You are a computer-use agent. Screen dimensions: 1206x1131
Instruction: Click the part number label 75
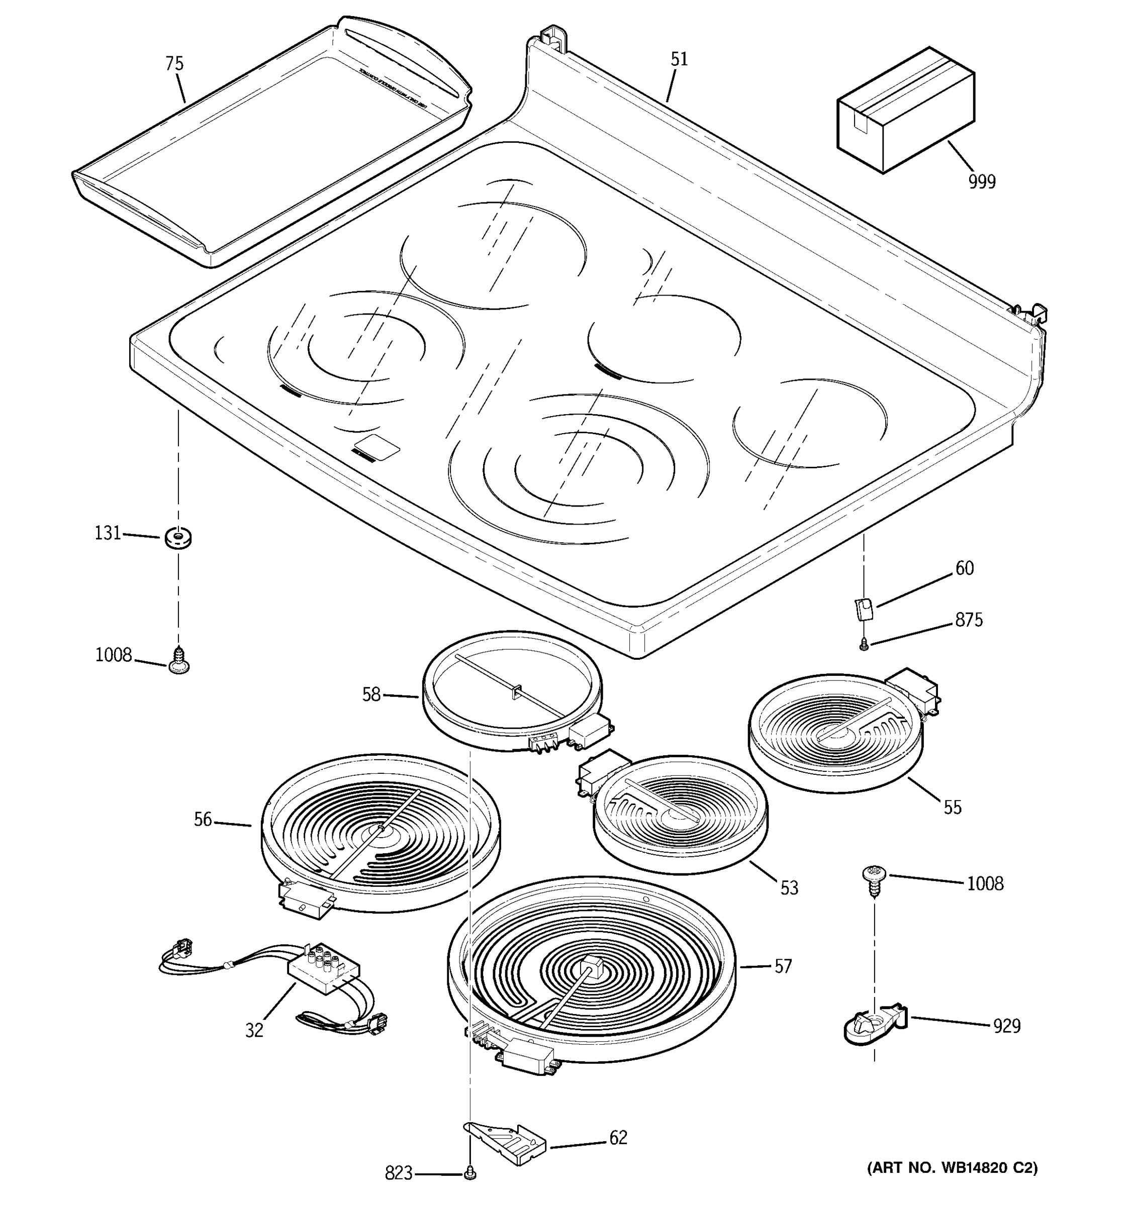tap(174, 64)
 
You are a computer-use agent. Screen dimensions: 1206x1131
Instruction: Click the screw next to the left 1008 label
tap(178, 661)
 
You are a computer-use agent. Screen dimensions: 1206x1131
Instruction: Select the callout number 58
tap(371, 694)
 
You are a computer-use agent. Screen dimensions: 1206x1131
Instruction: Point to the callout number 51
tap(679, 59)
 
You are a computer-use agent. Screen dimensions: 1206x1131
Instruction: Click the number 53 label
tap(789, 888)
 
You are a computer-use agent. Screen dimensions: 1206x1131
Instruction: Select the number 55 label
tap(952, 808)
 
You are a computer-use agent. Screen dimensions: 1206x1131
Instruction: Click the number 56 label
tap(203, 820)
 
